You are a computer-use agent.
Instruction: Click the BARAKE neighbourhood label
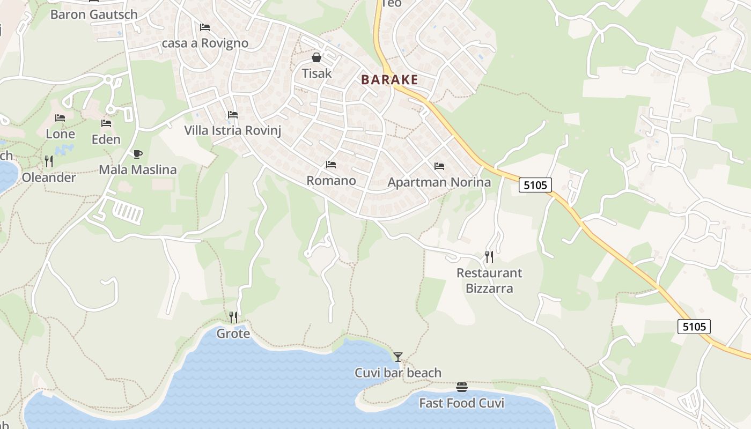[x=389, y=80]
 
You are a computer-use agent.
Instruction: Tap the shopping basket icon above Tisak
[x=316, y=57]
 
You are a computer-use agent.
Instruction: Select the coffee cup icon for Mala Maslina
[x=138, y=154]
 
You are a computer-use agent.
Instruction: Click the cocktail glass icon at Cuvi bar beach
[x=398, y=357]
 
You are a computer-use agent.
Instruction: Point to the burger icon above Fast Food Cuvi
[x=462, y=387]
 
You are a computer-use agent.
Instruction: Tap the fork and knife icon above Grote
[x=233, y=317]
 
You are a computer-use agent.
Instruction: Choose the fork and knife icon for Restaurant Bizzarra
[x=489, y=257]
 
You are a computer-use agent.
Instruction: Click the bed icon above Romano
[x=331, y=165]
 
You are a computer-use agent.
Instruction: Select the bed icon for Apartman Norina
[x=439, y=166]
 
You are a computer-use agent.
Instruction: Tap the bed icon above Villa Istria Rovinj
[x=232, y=115]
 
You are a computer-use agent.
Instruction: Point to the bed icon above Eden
[x=106, y=123]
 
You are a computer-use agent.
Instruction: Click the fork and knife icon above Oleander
[x=49, y=161]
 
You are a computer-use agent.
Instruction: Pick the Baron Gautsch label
[x=94, y=14]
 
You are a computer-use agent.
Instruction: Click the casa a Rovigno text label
[x=205, y=43]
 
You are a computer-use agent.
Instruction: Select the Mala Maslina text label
[x=138, y=170]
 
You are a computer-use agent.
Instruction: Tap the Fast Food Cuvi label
[x=461, y=403]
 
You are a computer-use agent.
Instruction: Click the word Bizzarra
[x=489, y=289]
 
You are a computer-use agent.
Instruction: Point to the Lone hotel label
[x=60, y=134]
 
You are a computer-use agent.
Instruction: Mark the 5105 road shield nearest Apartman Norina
[x=535, y=186]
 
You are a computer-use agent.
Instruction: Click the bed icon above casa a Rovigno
[x=205, y=27]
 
